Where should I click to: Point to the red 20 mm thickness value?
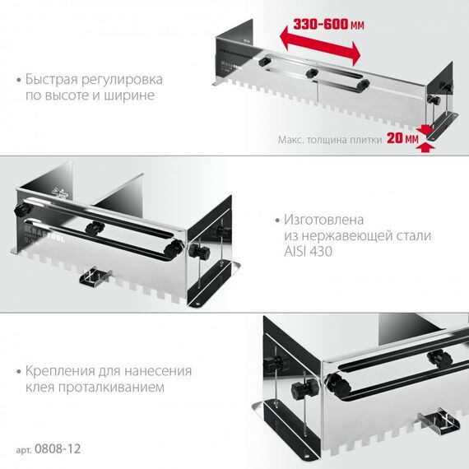401,139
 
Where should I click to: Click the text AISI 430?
304,252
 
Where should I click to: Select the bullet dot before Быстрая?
19,81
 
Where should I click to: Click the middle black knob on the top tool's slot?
311,72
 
